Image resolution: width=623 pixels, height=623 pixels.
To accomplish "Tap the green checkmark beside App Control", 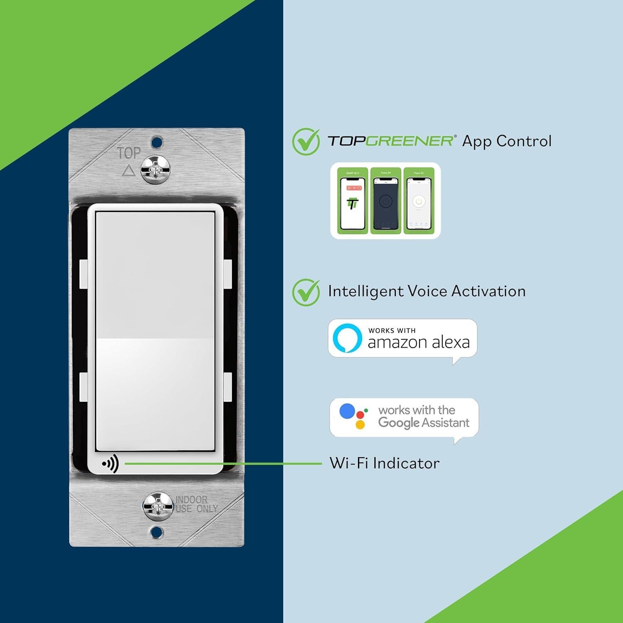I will pyautogui.click(x=306, y=142).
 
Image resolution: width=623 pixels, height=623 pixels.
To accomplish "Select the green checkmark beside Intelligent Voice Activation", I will pyautogui.click(x=306, y=292).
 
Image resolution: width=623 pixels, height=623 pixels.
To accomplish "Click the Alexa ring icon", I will pyautogui.click(x=347, y=338).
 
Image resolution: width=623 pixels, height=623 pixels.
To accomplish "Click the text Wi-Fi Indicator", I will pyautogui.click(x=384, y=463).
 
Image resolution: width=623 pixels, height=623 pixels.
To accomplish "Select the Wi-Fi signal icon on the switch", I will pyautogui.click(x=110, y=463).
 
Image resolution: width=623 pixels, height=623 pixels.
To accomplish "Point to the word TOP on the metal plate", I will pyautogui.click(x=129, y=153).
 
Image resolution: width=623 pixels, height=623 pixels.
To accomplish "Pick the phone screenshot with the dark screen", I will pyautogui.click(x=386, y=202).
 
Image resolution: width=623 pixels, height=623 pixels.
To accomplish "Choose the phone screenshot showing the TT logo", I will pyautogui.click(x=353, y=202).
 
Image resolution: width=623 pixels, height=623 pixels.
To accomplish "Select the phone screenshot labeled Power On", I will pyautogui.click(x=419, y=202).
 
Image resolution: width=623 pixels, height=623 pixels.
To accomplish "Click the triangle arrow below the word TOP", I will pyautogui.click(x=128, y=170).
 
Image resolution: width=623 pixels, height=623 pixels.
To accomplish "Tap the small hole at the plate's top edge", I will pyautogui.click(x=157, y=142).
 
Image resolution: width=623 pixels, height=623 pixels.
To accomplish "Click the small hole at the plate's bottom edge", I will pyautogui.click(x=157, y=532).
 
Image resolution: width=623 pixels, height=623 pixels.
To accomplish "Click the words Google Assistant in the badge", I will pyautogui.click(x=424, y=423).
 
